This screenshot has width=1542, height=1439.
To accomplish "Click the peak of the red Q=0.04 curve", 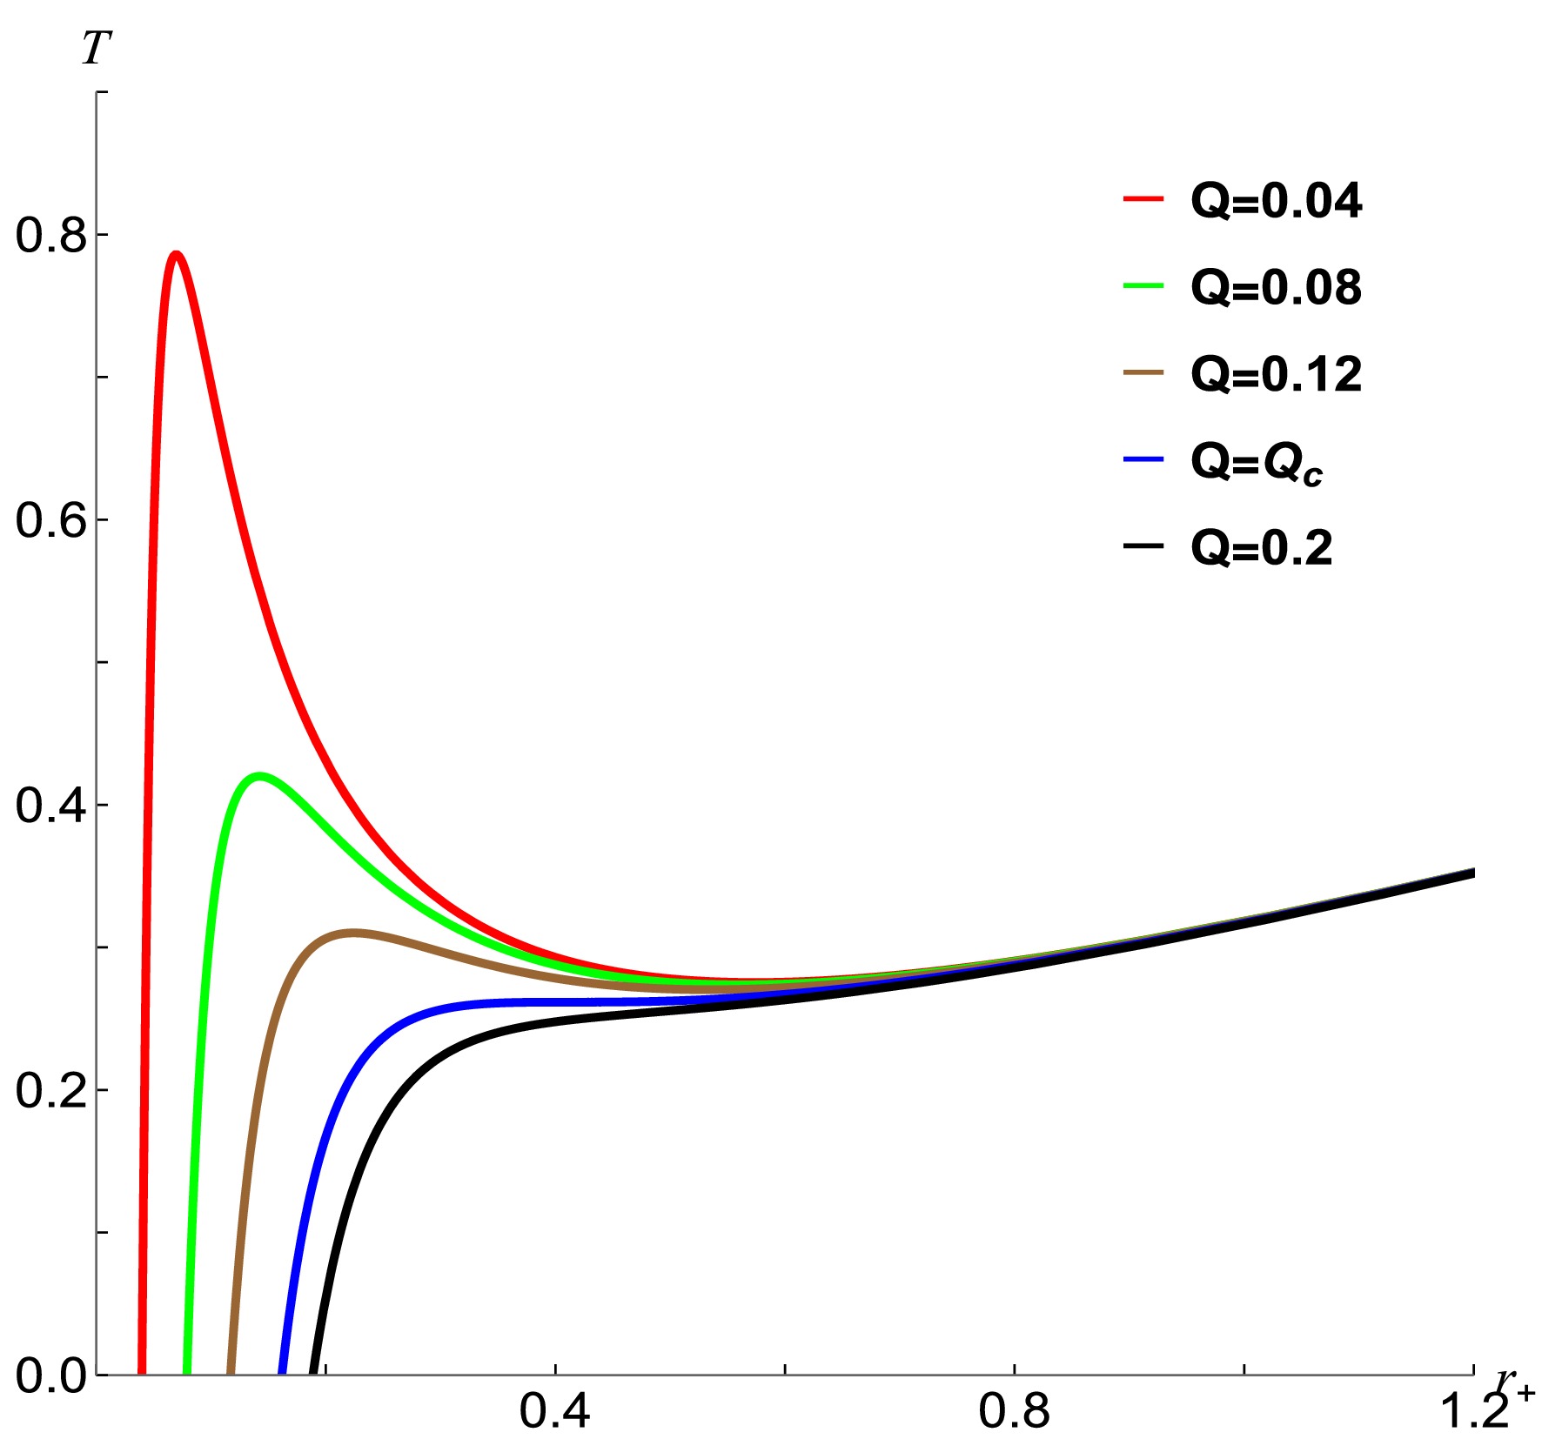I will click(177, 254).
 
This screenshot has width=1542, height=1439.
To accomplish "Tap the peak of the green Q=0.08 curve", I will click(258, 774).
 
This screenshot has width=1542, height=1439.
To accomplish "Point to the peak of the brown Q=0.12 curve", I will click(352, 933).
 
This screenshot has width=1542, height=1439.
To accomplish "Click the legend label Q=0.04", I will click(1276, 201).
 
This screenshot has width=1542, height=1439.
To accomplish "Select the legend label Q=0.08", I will click(1276, 287).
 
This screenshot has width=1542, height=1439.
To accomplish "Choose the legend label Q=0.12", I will click(1276, 374).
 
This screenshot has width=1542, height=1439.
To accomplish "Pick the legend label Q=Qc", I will click(1257, 462).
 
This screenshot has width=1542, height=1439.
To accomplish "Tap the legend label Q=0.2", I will click(1261, 548).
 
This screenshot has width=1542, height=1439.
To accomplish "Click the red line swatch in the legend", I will click(1143, 198).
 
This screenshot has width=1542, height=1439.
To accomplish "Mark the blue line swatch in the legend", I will click(1143, 458).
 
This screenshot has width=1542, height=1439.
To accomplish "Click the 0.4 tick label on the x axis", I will click(555, 1411).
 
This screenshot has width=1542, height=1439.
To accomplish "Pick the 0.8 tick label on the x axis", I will click(1015, 1411).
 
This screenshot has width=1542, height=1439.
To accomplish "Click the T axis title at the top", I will click(96, 49).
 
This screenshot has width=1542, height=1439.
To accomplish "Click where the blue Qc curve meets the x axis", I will click(282, 1373).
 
